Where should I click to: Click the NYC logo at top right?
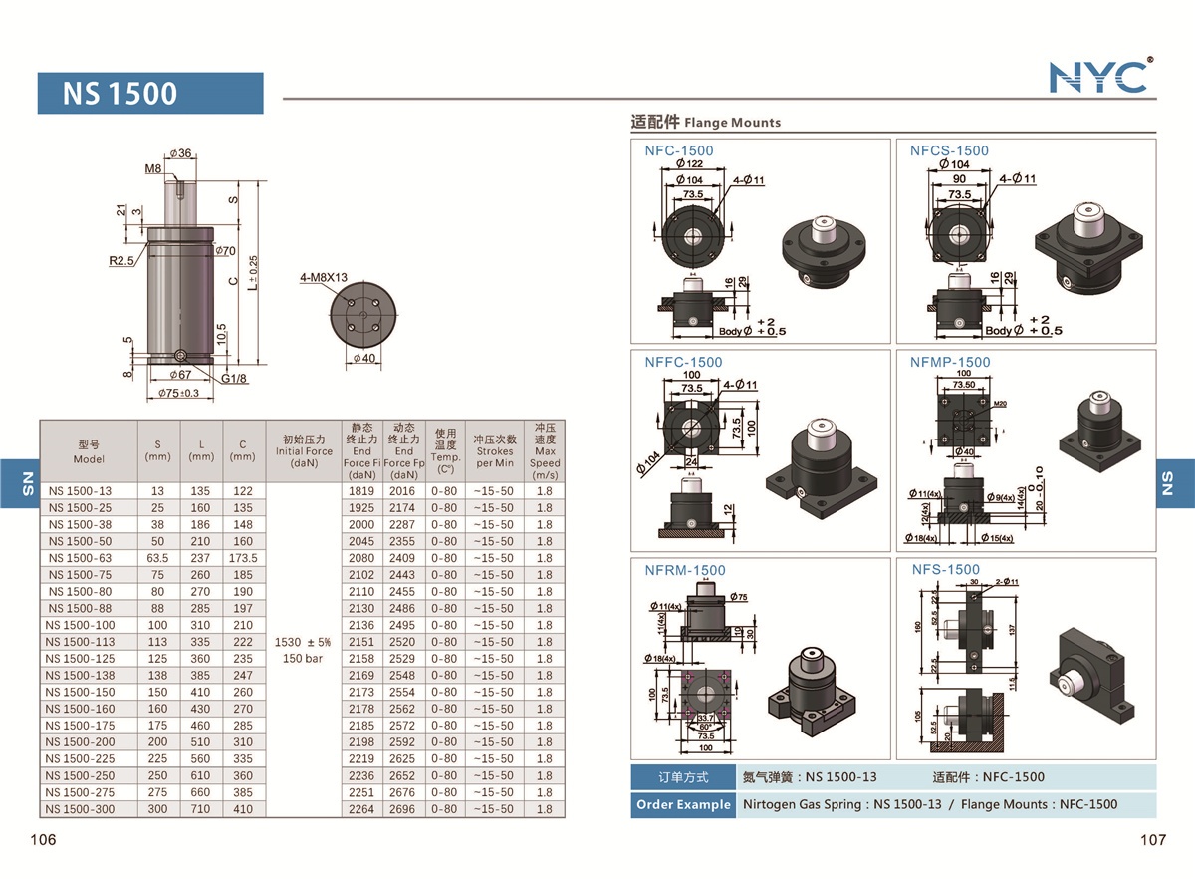pyautogui.click(x=1099, y=76)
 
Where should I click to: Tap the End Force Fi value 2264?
pyautogui.click(x=362, y=809)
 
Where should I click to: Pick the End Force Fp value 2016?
pyautogui.click(x=402, y=491)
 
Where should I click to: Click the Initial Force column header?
pyautogui.click(x=305, y=451)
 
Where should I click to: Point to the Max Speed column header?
pyautogui.click(x=545, y=451)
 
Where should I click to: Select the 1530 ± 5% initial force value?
pyautogui.click(x=304, y=642)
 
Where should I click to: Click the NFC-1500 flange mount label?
pyautogui.click(x=678, y=150)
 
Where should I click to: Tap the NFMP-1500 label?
pyautogui.click(x=950, y=362)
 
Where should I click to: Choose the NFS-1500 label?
pyautogui.click(x=946, y=569)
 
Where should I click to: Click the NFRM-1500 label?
pyautogui.click(x=685, y=570)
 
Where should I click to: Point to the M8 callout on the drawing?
pyautogui.click(x=152, y=169)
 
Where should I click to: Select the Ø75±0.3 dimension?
pyautogui.click(x=179, y=394)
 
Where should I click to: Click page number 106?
pyautogui.click(x=43, y=840)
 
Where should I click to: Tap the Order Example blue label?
pyautogui.click(x=682, y=804)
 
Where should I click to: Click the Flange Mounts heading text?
pyautogui.click(x=733, y=123)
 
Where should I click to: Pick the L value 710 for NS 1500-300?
pyautogui.click(x=201, y=809)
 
